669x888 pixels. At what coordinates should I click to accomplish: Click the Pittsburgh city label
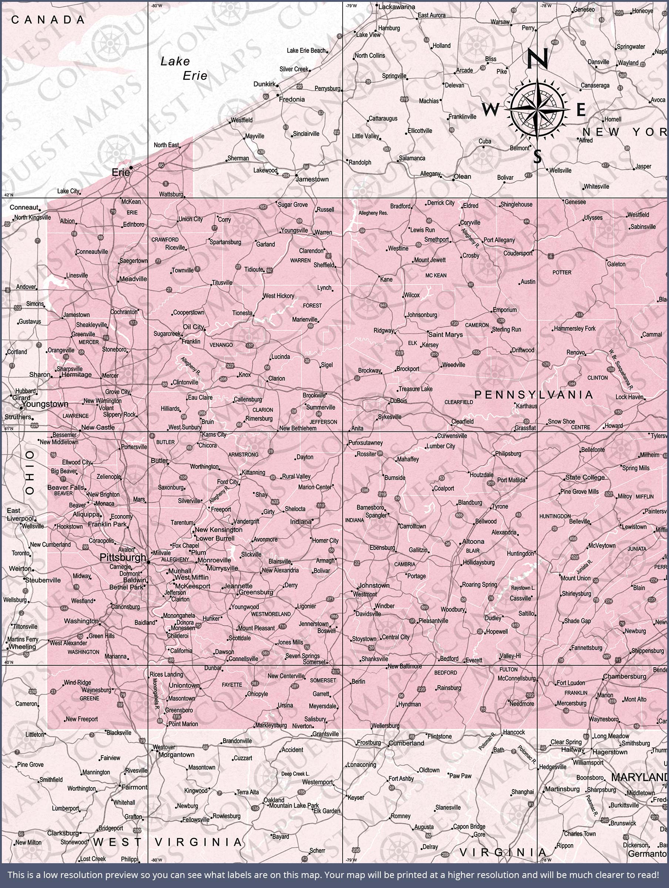tap(122, 557)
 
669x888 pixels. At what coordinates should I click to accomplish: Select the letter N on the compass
tap(537, 58)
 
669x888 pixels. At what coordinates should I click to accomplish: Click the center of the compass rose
tap(537, 109)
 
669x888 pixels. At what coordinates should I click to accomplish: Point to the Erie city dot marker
tap(131, 168)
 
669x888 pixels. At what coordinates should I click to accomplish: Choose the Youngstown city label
tap(45, 404)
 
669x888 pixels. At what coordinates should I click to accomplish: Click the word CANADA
tap(48, 20)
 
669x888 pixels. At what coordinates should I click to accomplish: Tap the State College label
tap(585, 477)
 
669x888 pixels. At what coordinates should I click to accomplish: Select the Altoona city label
tap(473, 542)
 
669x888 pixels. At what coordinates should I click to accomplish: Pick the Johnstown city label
tap(374, 585)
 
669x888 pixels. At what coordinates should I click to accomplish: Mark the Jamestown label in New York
tap(312, 179)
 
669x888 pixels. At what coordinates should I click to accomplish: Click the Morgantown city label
tap(176, 755)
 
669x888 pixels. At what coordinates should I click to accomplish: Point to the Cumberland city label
tap(406, 743)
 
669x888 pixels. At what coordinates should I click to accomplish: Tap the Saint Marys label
tap(446, 334)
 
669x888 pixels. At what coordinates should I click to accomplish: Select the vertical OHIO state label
tap(30, 472)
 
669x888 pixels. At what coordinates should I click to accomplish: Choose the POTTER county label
tap(561, 273)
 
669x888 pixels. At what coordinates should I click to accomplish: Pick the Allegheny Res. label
tap(373, 213)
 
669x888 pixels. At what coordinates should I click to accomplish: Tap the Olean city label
tap(462, 176)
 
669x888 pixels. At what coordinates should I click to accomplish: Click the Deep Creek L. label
tap(295, 774)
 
